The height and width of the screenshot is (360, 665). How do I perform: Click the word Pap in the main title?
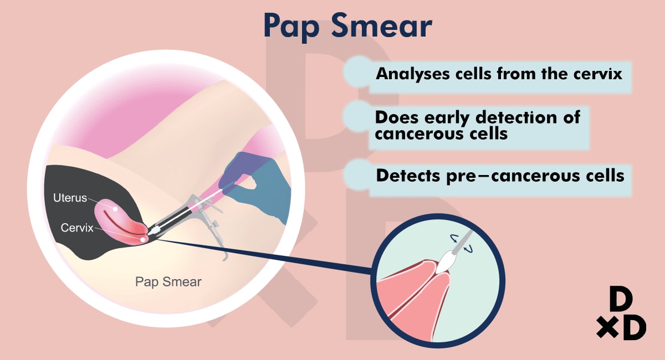(x=291, y=27)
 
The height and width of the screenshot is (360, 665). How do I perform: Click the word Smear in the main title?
(x=382, y=25)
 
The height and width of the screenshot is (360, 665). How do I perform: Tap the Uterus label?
(x=70, y=198)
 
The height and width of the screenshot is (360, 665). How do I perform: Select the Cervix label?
(x=77, y=228)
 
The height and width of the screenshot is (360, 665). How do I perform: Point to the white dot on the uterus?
(x=115, y=209)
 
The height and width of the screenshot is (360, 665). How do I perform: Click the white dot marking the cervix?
(x=143, y=239)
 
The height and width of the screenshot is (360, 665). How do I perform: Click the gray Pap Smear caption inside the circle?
(x=168, y=282)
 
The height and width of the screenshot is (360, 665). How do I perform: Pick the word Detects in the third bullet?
(x=408, y=176)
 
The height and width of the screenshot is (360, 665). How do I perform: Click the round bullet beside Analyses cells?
(x=358, y=71)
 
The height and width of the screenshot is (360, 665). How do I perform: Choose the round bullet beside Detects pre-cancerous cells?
(x=359, y=174)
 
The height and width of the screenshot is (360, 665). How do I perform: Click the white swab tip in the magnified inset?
(x=446, y=262)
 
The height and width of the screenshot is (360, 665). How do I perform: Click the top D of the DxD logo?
(x=621, y=299)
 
